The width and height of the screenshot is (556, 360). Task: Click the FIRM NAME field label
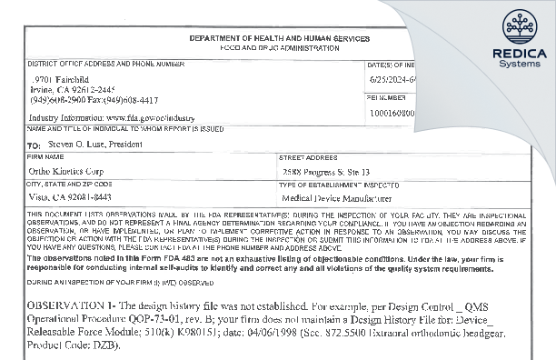pos(45,156)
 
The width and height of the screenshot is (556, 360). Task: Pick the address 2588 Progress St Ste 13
pos(326,170)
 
